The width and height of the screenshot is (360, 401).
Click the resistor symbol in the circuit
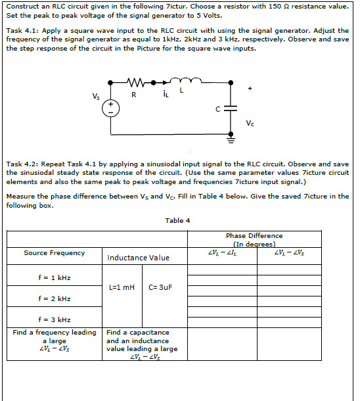click(134, 83)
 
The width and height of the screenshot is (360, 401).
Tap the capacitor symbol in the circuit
click(231, 109)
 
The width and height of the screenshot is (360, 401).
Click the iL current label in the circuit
click(166, 95)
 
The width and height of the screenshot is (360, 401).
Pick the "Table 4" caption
click(178, 220)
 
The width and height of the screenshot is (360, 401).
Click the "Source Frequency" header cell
click(54, 252)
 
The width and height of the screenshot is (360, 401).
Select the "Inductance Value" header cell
click(138, 258)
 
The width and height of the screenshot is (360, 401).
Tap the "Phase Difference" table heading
click(254, 235)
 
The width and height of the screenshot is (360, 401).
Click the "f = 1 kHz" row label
click(55, 277)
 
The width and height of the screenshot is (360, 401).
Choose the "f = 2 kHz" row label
click(55, 298)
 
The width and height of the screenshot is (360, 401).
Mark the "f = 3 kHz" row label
click(55, 319)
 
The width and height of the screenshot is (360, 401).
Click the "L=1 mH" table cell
click(122, 287)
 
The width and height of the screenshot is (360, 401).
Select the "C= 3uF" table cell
click(160, 287)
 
